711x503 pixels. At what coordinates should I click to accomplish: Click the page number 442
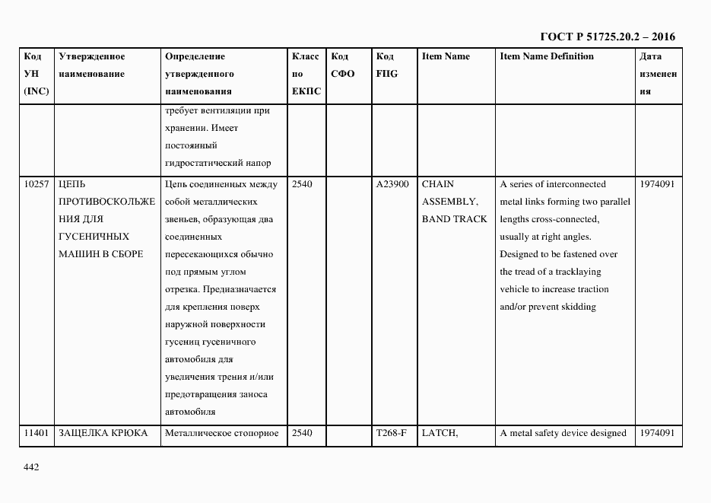(x=30, y=467)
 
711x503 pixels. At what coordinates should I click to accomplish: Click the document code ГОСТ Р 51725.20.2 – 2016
(x=608, y=37)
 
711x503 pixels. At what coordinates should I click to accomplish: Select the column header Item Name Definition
(x=547, y=56)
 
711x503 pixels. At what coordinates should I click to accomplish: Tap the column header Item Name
(x=446, y=56)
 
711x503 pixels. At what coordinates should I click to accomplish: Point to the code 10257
(x=37, y=184)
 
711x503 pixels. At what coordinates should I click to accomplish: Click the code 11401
(x=37, y=433)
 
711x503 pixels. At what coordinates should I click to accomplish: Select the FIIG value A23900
(x=392, y=184)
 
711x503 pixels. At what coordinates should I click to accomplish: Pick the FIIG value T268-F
(x=392, y=433)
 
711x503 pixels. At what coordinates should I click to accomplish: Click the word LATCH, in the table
(x=439, y=433)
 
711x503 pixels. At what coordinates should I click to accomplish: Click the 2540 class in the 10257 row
(x=302, y=184)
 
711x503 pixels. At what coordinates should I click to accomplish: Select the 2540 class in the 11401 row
(x=302, y=433)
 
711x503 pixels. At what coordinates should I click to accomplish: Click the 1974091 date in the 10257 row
(x=658, y=184)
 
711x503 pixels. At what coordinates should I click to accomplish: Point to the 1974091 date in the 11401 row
(x=658, y=433)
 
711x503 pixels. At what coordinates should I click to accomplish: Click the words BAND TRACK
(x=454, y=219)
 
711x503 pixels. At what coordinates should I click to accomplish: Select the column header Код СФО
(x=343, y=65)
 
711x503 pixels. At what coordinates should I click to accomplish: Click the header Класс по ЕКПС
(x=306, y=74)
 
